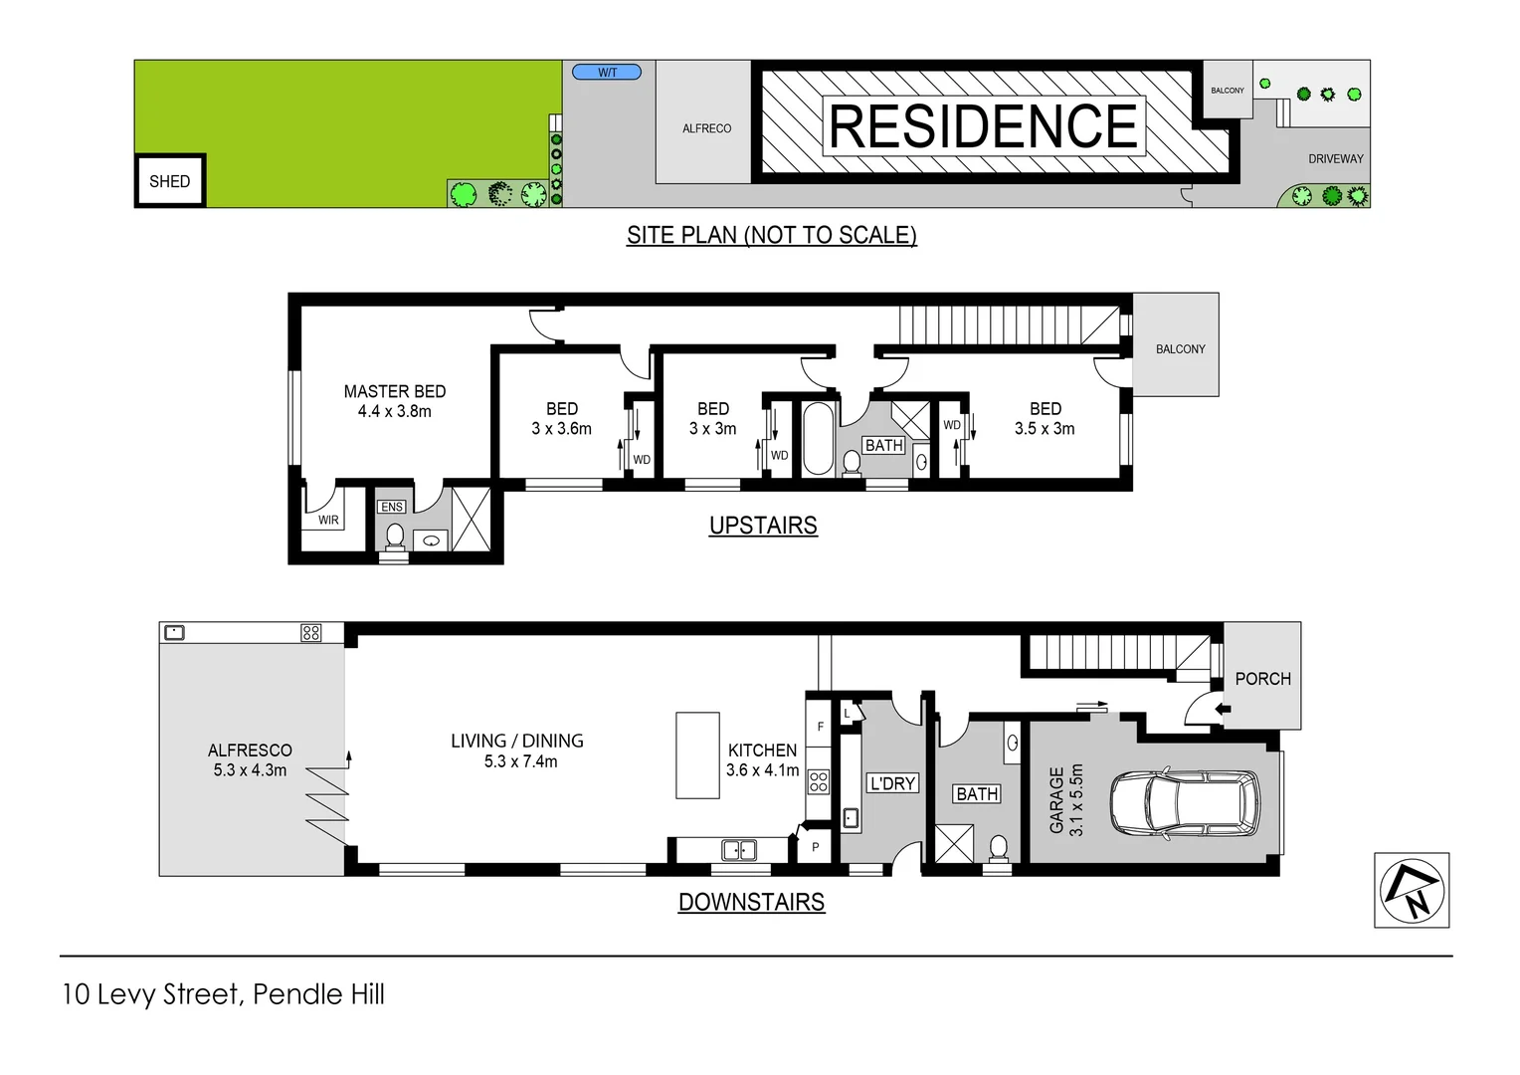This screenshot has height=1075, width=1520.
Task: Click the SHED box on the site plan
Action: pyautogui.click(x=170, y=181)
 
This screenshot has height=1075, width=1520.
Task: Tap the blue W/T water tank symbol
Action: pyautogui.click(x=607, y=72)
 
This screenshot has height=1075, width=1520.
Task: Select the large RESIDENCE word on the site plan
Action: pyautogui.click(x=983, y=126)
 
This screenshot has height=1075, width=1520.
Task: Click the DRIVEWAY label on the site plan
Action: pyautogui.click(x=1335, y=159)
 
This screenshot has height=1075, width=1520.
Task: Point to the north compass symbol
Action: pyautogui.click(x=1412, y=890)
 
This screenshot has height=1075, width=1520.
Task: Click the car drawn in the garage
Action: pyautogui.click(x=1184, y=802)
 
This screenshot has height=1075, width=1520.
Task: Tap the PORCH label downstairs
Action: pyautogui.click(x=1262, y=679)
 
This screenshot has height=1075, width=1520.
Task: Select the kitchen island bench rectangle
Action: pyautogui.click(x=697, y=754)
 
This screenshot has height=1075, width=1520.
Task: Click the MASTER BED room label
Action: pyautogui.click(x=395, y=392)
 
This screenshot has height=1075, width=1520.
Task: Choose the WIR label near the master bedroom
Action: pyautogui.click(x=328, y=520)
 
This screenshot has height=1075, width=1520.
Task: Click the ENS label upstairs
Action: pyautogui.click(x=392, y=507)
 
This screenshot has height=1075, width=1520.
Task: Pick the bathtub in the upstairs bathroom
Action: pyautogui.click(x=818, y=438)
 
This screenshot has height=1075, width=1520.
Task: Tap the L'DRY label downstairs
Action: pyautogui.click(x=892, y=783)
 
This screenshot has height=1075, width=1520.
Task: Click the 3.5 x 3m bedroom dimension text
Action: pyautogui.click(x=1045, y=429)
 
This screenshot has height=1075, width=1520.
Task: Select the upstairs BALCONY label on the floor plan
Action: pyautogui.click(x=1180, y=349)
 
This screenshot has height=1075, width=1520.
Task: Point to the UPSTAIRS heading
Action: pyautogui.click(x=763, y=526)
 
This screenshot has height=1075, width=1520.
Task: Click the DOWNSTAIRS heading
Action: pyautogui.click(x=751, y=902)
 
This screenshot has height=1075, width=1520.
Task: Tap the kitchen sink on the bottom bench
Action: pyautogui.click(x=738, y=850)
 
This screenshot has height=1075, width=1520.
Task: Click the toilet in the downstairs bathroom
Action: pyautogui.click(x=998, y=848)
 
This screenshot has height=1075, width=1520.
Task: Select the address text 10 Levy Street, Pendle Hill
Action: pyautogui.click(x=223, y=994)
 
